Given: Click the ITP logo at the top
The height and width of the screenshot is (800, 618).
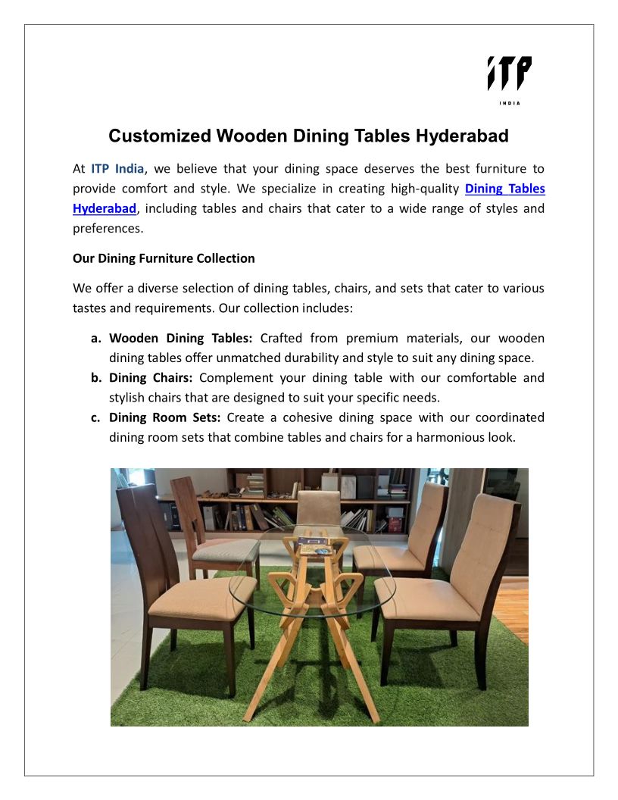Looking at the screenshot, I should [509, 73].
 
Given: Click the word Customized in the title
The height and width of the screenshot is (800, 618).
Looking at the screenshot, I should [159, 136].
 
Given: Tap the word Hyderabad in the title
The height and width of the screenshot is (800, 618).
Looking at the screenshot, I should [461, 136].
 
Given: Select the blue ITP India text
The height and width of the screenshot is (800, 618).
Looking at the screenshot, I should [117, 168].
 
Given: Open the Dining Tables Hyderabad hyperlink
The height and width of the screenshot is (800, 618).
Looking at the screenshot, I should [504, 188].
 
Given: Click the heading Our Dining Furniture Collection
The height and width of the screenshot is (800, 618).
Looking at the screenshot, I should [164, 258].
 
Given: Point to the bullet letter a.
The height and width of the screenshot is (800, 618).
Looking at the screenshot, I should [96, 338].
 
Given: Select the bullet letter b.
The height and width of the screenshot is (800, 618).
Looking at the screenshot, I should [96, 377].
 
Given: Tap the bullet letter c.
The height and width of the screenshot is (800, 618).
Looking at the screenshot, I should [96, 417].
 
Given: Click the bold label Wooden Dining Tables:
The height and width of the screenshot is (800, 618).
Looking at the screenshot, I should [180, 338].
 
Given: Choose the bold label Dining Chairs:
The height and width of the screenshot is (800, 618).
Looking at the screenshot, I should [151, 377].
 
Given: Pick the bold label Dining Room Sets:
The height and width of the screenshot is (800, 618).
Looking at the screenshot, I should [164, 417].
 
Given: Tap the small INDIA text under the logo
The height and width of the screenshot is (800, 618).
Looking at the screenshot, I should [509, 103].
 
